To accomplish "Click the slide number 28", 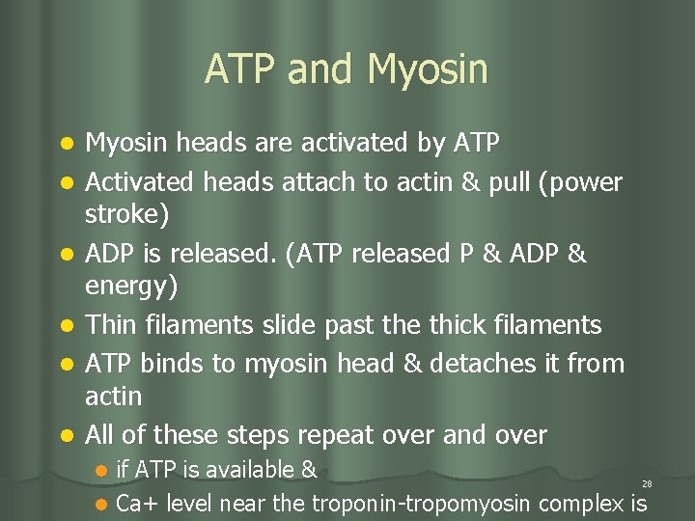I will (x=646, y=483).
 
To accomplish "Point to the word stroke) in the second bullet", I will (x=126, y=214).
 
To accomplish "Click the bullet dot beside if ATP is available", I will (x=101, y=472).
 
